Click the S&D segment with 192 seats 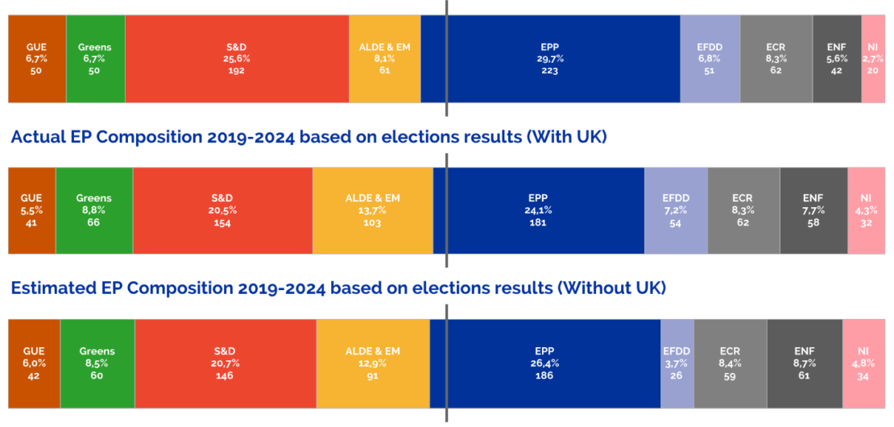click(237, 59)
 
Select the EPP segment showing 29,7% click(550, 59)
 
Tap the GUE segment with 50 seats click(36, 59)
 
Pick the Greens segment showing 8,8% click(93, 210)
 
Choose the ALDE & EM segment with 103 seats click(372, 210)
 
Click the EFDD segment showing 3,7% click(677, 363)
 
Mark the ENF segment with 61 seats click(804, 363)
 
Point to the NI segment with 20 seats click(873, 59)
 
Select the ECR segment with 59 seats click(730, 363)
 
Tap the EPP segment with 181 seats click(538, 210)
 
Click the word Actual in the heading click(37, 137)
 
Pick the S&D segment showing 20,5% click(222, 210)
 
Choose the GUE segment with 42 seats click(34, 363)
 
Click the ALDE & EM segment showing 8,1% click(384, 59)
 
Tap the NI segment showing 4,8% click(863, 363)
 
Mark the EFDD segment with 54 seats click(675, 210)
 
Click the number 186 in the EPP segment click(544, 375)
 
